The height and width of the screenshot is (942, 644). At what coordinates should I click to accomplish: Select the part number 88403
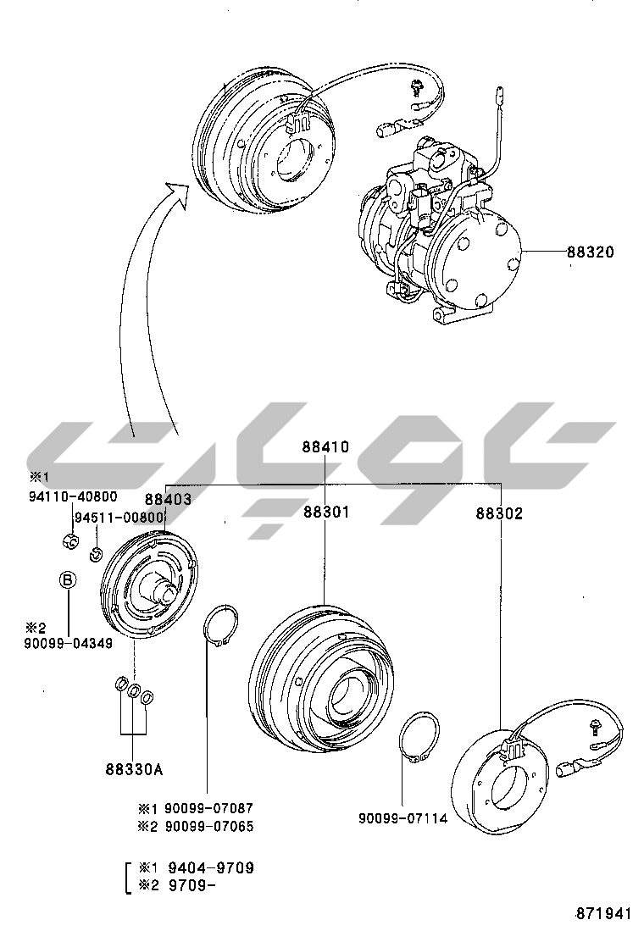tap(168, 501)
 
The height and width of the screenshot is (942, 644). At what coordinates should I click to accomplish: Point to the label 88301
tap(325, 513)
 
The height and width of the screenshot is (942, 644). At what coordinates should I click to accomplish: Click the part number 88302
tap(499, 513)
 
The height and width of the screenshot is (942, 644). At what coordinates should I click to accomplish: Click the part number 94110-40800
tap(74, 497)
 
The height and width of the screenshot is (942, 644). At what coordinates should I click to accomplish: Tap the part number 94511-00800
tap(118, 518)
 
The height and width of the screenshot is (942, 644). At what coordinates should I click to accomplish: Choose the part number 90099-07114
tap(402, 818)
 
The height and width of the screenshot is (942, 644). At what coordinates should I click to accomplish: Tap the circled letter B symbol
tap(68, 580)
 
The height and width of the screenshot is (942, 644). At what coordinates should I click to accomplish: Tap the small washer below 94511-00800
tap(96, 555)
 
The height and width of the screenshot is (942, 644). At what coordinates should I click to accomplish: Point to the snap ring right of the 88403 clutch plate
tap(223, 628)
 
